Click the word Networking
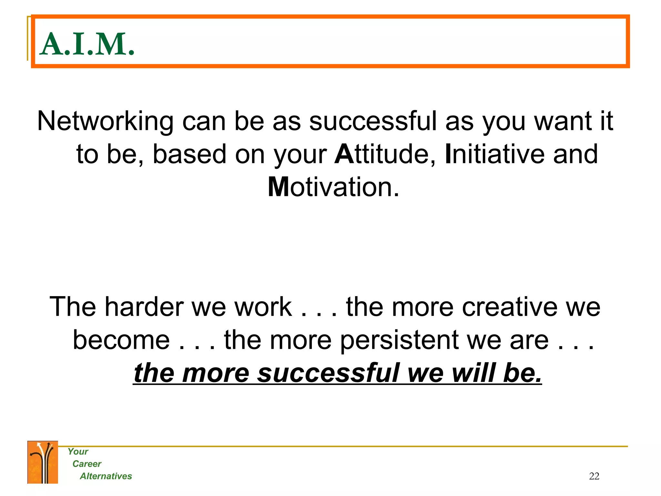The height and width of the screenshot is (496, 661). pyautogui.click(x=105, y=122)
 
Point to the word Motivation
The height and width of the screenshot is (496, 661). pyautogui.click(x=334, y=187)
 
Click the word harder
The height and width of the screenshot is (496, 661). pyautogui.click(x=144, y=307)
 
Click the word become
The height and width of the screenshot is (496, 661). pyautogui.click(x=121, y=340)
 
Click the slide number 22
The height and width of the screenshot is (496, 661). pyautogui.click(x=594, y=476)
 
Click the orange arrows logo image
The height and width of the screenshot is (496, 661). pyautogui.click(x=43, y=462)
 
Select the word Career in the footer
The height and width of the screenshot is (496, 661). pyautogui.click(x=87, y=464)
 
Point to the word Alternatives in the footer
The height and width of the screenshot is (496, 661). pyautogui.click(x=106, y=476)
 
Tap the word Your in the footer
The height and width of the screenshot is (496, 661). pyautogui.click(x=78, y=451)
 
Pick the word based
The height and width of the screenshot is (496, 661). pyautogui.click(x=189, y=154)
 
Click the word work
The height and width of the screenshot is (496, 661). pyautogui.click(x=263, y=307)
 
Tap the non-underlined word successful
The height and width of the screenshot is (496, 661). pyautogui.click(x=373, y=122)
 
